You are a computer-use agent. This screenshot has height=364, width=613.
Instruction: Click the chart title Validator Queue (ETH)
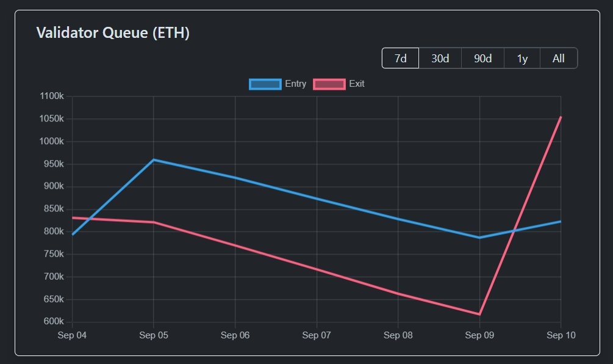113,33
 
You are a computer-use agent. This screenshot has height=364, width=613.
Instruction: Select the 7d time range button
400,59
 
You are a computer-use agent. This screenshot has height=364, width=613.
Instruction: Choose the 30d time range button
440,59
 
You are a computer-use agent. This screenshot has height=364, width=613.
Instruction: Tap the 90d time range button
482,59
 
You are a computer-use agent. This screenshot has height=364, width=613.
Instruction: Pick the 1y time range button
522,59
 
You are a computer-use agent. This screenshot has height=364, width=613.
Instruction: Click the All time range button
558,59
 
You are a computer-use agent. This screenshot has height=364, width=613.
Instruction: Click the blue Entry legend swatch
265,84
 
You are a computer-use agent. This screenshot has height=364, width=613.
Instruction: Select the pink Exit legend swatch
329,84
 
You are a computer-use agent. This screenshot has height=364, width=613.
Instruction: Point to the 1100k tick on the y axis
51,96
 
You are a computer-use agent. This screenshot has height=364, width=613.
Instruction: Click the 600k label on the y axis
52,322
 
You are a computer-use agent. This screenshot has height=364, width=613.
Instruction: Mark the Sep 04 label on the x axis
72,335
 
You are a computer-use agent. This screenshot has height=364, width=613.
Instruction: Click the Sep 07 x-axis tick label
317,335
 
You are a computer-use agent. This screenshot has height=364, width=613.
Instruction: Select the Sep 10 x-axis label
561,335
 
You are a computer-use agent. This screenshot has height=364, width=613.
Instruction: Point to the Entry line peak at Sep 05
154,159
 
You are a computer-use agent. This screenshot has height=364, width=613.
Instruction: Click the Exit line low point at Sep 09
479,315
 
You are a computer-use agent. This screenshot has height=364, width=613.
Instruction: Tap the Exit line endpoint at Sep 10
561,117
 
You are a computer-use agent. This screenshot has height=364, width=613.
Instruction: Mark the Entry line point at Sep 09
479,238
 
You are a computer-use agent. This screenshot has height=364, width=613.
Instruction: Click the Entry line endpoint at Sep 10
561,221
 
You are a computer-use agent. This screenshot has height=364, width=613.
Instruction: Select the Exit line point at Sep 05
154,222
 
